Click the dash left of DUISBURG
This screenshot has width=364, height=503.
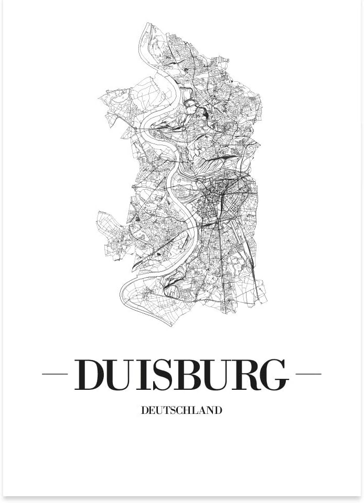[55, 374]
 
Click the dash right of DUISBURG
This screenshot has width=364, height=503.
[308, 374]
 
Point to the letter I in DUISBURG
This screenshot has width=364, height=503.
[145, 375]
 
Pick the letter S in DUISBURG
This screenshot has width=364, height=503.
[165, 375]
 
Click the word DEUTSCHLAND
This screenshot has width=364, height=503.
[181, 410]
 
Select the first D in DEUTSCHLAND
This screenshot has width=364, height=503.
[144, 410]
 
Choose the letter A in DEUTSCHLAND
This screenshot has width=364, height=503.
[203, 410]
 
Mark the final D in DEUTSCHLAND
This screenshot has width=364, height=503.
[218, 410]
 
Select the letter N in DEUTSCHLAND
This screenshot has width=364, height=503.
[210, 410]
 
